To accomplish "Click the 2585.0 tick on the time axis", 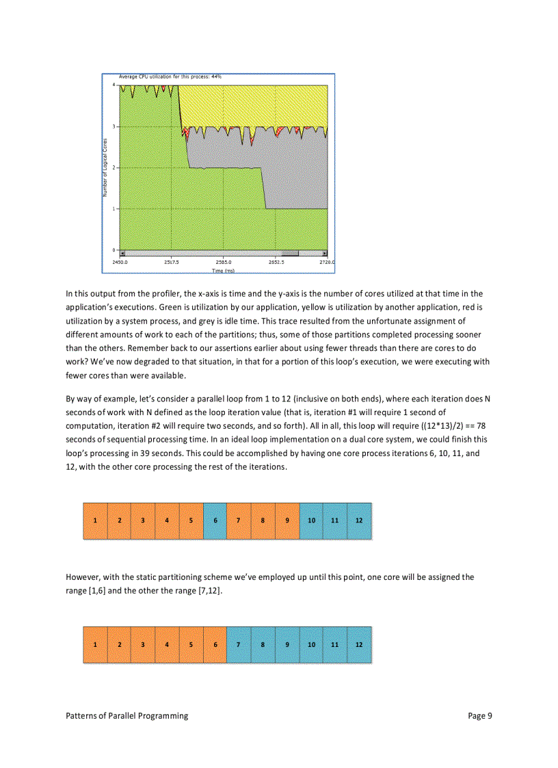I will [223, 261].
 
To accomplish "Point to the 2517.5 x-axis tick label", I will [172, 261].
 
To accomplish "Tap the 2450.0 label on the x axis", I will [120, 261].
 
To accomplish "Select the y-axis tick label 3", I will [114, 127].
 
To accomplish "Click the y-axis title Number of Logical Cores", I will [106, 168].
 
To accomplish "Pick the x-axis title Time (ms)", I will [223, 271].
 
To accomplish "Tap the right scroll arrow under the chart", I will [325, 253].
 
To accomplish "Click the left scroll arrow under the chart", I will [122, 253].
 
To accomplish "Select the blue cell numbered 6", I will [215, 520].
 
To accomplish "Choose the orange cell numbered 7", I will [239, 520].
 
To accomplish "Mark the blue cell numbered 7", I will [239, 644].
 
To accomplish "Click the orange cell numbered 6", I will [215, 644].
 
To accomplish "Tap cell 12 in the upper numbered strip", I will [360, 520].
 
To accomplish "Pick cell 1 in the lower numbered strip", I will [95, 644].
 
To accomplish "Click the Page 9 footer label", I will [480, 716].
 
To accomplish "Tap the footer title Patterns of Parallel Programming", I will [127, 716].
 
